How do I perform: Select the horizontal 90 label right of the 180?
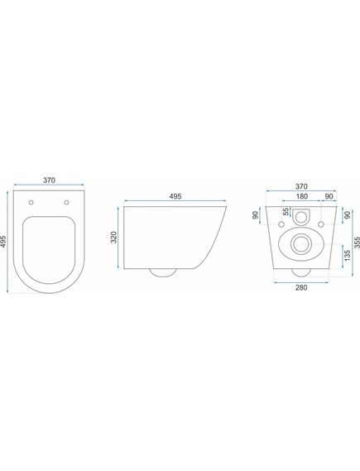(329, 197)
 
